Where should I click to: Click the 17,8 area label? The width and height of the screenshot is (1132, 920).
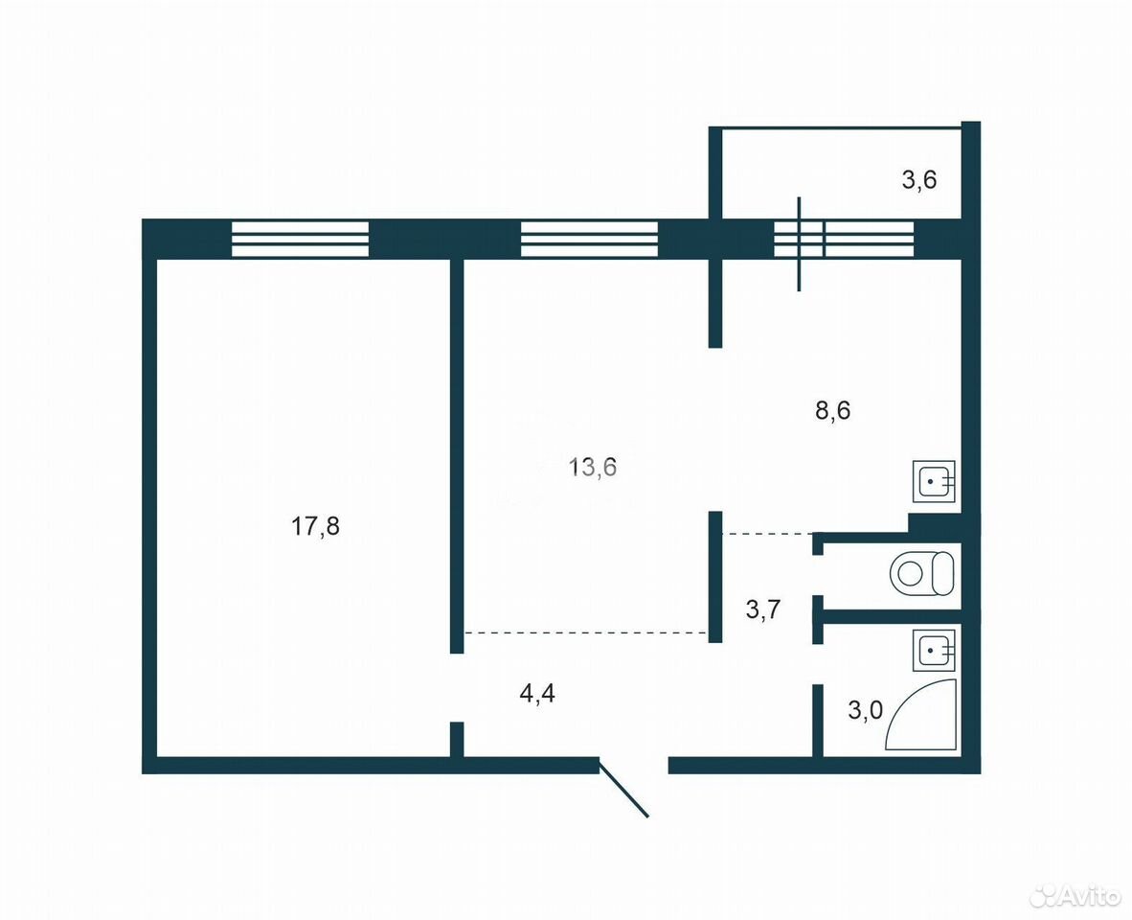coord(315,526)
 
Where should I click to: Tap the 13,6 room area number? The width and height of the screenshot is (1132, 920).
coord(593,468)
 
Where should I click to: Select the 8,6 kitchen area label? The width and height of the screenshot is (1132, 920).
coord(832,410)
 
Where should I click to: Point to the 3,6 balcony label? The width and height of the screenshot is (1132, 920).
coord(919,179)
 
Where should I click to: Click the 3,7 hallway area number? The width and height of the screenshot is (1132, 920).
coord(763,609)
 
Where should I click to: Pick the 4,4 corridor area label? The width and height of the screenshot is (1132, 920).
coord(538,694)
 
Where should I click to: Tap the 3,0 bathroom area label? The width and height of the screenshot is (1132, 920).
coord(865,710)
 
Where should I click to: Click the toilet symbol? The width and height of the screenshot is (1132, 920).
coord(922,573)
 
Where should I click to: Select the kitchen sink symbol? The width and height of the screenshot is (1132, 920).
coord(934,481)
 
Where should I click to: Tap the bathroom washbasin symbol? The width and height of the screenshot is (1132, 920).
coord(934,650)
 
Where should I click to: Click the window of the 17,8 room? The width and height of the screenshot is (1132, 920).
coord(301,239)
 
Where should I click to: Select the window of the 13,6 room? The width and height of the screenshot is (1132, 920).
coord(589,239)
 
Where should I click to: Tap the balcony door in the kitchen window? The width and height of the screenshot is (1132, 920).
coord(799,243)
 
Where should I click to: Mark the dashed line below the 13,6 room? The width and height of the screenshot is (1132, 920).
coord(585,632)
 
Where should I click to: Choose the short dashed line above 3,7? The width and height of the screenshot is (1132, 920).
coord(768,534)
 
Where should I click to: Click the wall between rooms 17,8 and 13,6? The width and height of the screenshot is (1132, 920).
coord(456,455)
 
